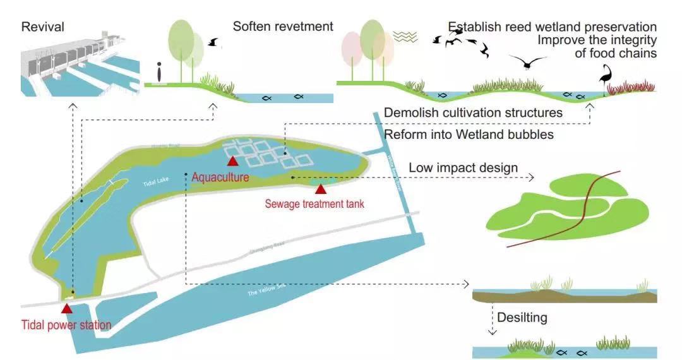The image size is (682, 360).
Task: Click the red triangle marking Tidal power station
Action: tap(66, 308)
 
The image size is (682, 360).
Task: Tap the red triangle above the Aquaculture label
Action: tap(233, 161)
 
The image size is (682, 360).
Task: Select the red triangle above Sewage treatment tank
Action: tap(321, 189)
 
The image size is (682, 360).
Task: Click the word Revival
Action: tap(43, 27)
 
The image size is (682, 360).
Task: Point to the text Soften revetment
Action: tap(282, 27)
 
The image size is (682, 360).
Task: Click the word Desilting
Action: tap(522, 317)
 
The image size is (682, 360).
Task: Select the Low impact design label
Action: tap(464, 168)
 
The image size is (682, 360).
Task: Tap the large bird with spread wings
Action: tap(527, 61)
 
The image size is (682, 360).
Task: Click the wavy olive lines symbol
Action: tap(405, 37)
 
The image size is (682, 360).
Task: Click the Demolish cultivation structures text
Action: tap(473, 113)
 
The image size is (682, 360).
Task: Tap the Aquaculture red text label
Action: tap(220, 178)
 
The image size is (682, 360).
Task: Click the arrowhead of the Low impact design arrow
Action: tap(531, 178)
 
